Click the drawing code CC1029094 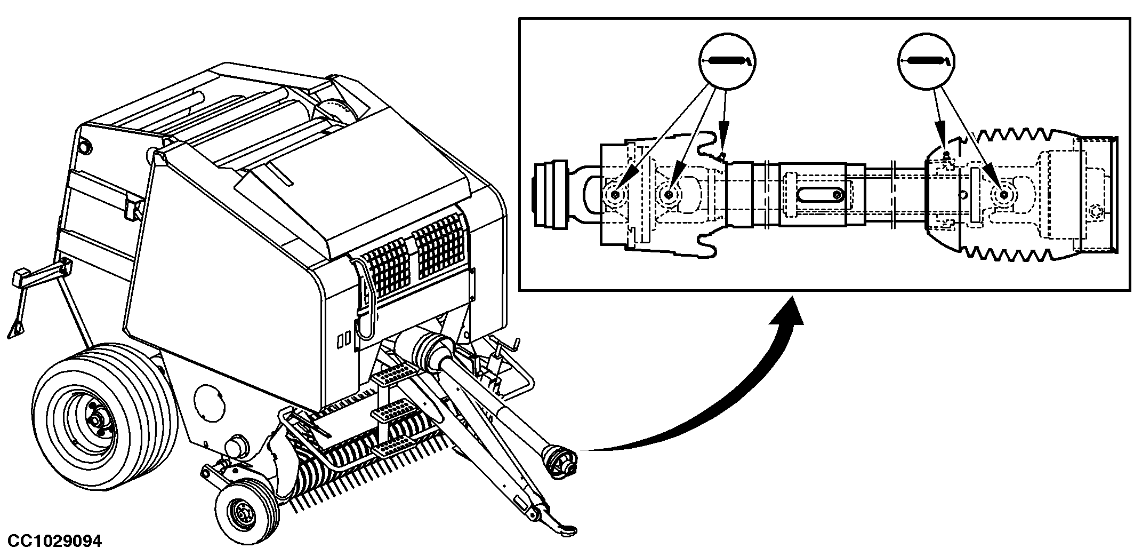(54, 541)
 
